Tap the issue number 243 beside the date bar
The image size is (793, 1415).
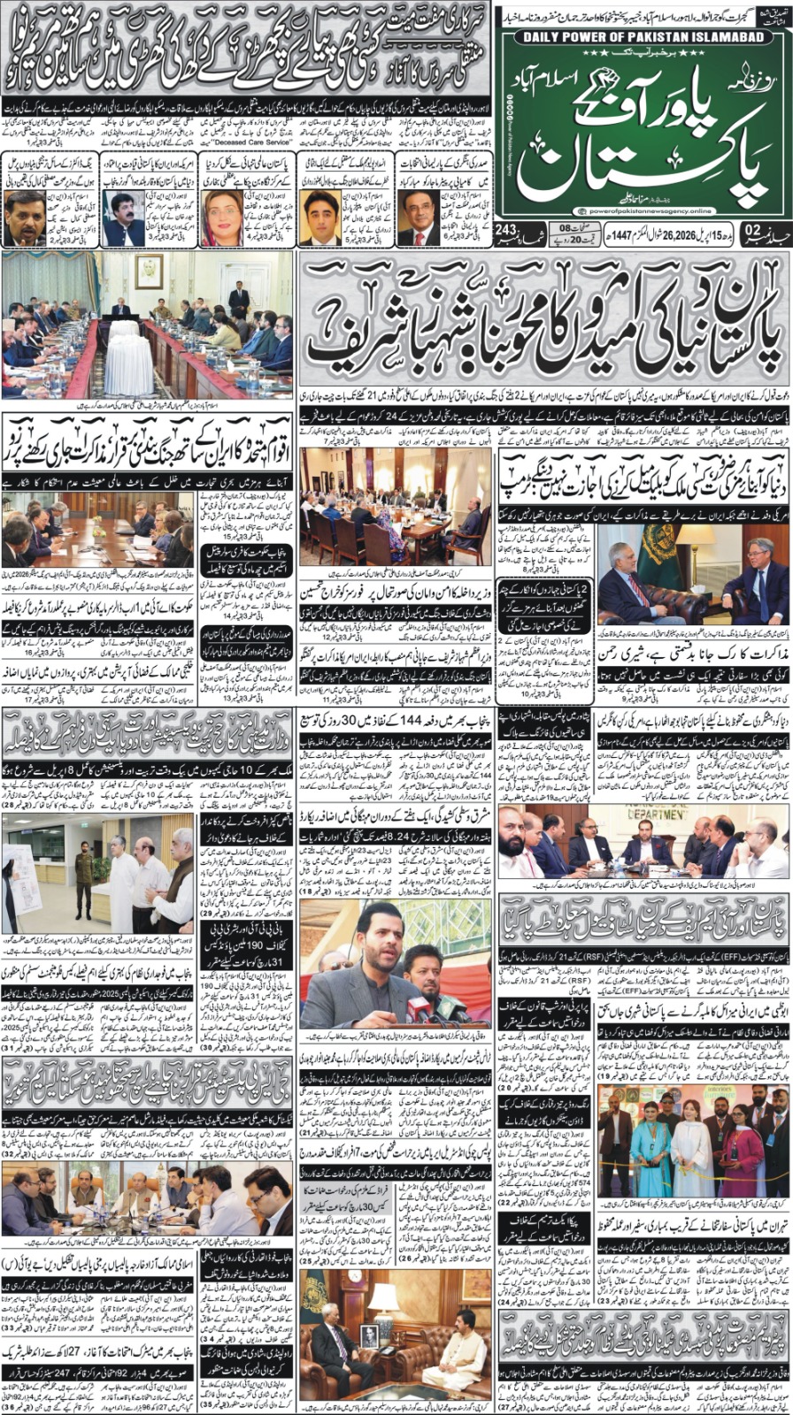click(x=507, y=232)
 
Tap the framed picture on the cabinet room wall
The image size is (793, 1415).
click(x=148, y=271)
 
